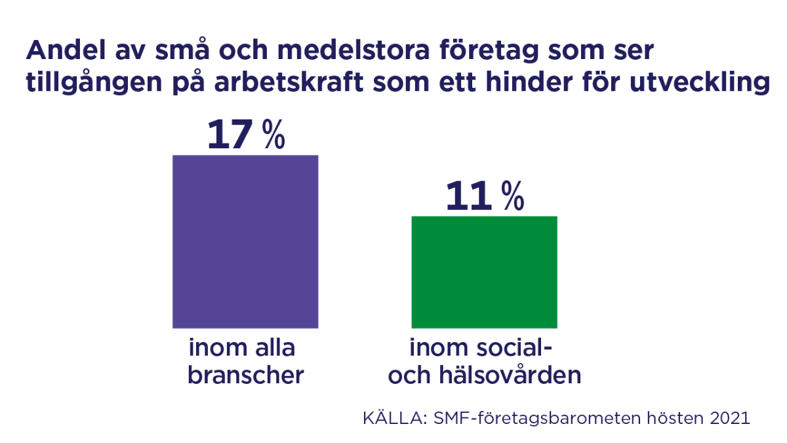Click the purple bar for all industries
pyautogui.click(x=245, y=242)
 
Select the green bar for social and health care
pyautogui.click(x=484, y=272)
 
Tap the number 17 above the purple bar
pyautogui.click(x=230, y=135)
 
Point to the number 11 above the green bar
pyautogui.click(x=468, y=196)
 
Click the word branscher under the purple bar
pyautogui.click(x=246, y=375)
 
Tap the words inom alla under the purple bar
pyautogui.click(x=242, y=348)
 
